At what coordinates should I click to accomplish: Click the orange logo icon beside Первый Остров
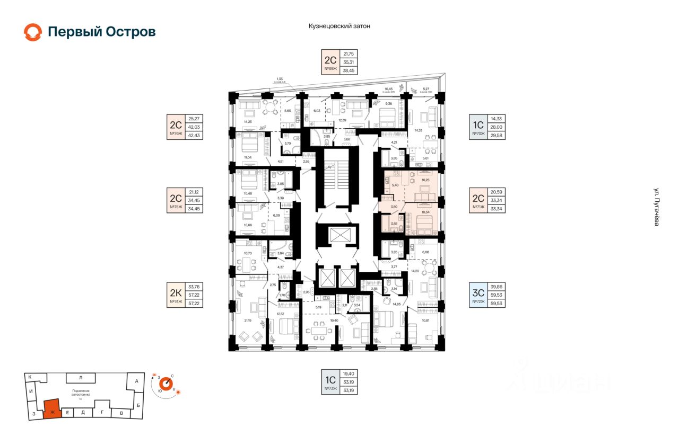tap(32, 32)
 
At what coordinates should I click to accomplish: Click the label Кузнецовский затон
tap(339, 25)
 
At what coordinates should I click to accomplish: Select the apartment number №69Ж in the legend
tap(331, 69)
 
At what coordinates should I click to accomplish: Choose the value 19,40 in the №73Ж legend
tap(348, 373)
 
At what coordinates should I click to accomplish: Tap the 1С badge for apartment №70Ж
tap(478, 125)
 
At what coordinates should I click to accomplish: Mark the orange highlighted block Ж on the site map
tap(52, 409)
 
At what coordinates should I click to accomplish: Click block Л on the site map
tap(80, 378)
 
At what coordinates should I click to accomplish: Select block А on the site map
tap(136, 381)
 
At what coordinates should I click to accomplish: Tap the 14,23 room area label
tap(247, 122)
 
